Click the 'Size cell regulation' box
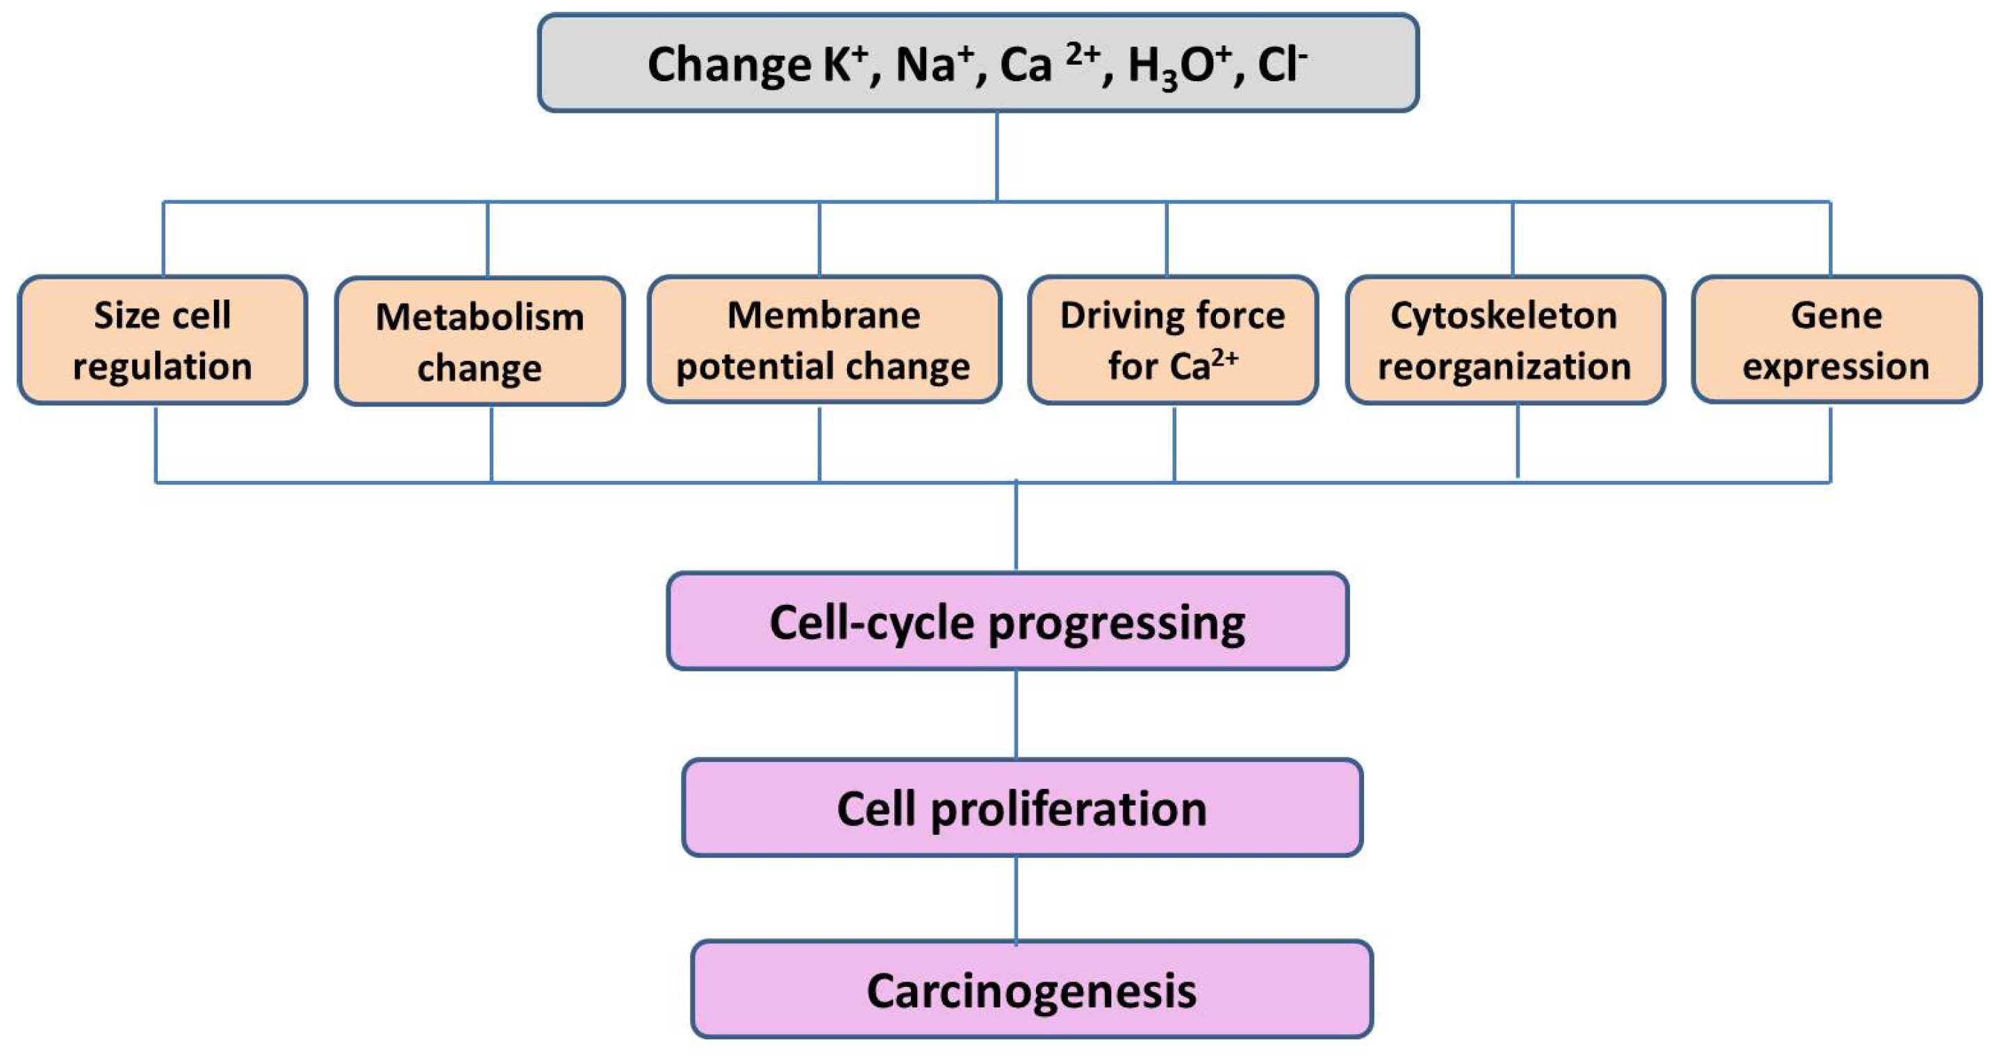(x=162, y=340)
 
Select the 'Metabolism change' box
(x=480, y=341)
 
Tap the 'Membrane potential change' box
(x=823, y=340)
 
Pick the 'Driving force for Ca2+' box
(x=1172, y=340)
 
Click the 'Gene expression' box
(x=1836, y=340)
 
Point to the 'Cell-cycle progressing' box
(x=1007, y=621)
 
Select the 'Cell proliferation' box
(x=1021, y=808)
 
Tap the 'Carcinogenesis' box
(x=1031, y=989)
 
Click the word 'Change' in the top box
(x=729, y=65)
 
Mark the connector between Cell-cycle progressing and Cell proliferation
(x=1016, y=714)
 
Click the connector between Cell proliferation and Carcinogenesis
(x=1016, y=899)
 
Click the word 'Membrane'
(x=823, y=316)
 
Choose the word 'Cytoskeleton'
(x=1504, y=316)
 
